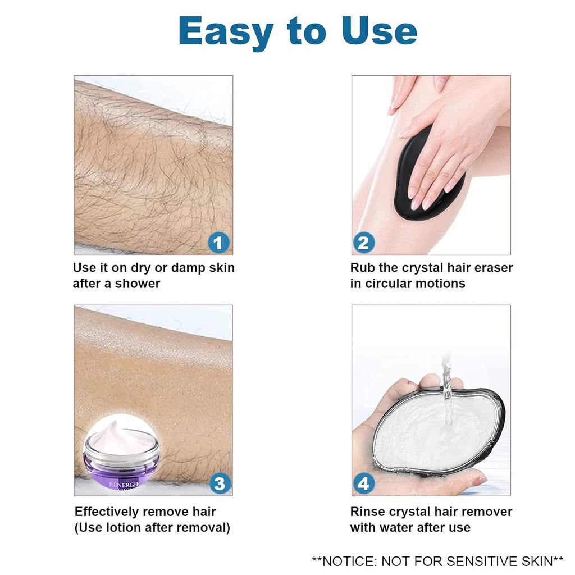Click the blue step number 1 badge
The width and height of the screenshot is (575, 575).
pyautogui.click(x=219, y=243)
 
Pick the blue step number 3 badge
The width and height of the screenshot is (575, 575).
pyautogui.click(x=220, y=483)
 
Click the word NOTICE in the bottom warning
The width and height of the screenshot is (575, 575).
pyautogui.click(x=349, y=560)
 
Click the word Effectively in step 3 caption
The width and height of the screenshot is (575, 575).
pyautogui.click(x=107, y=512)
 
